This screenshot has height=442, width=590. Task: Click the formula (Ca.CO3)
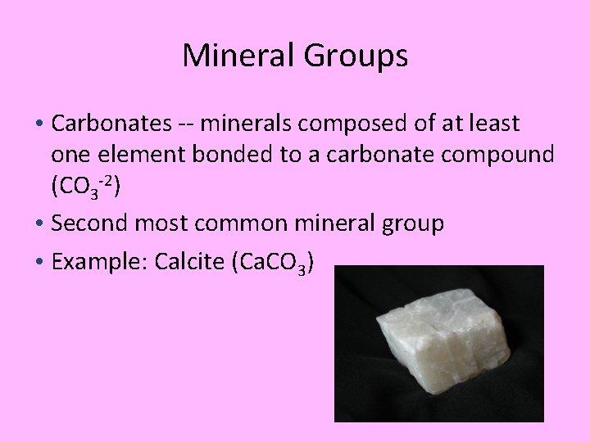point(271,263)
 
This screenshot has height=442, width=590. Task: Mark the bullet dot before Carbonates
point(40,124)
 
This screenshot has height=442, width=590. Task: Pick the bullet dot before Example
point(40,262)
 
